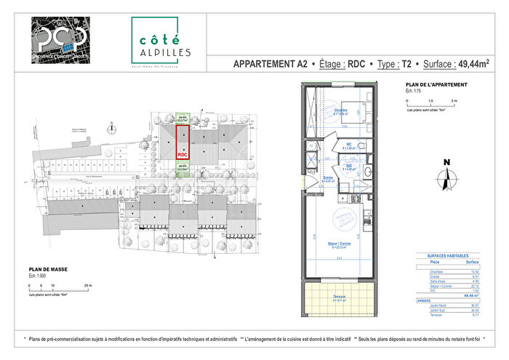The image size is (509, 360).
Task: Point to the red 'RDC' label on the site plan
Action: coord(183,155)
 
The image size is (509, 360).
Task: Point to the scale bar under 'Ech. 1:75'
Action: coord(429,104)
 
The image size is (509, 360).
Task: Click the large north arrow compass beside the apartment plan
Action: coord(446,175)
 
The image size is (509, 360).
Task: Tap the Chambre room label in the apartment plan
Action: coord(340,111)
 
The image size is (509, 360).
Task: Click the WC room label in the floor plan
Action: coord(349,144)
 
